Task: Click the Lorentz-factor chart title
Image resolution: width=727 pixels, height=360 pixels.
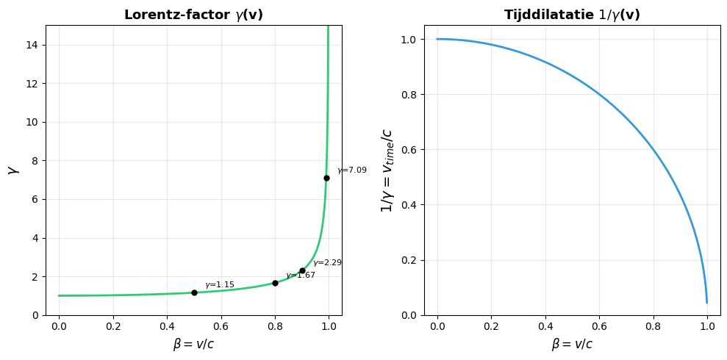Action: tap(193, 15)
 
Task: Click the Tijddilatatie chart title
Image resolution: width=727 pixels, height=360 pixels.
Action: tap(572, 15)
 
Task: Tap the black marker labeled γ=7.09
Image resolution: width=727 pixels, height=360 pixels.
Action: tap(326, 178)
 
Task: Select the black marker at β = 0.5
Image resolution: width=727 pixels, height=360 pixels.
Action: tap(194, 292)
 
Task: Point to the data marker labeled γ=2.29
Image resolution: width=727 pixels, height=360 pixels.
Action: tap(302, 270)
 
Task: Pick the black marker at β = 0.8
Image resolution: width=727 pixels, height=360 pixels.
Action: tap(275, 283)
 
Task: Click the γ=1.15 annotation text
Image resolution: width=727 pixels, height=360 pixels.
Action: tap(220, 285)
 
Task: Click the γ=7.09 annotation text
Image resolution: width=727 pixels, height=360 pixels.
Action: tap(352, 170)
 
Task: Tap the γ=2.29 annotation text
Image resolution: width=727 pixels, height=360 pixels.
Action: tap(327, 263)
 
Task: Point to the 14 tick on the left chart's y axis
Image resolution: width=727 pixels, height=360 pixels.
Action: tap(33, 45)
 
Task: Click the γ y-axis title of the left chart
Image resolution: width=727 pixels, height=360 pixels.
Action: tap(12, 170)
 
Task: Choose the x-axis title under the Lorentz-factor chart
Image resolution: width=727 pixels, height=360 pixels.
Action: tap(193, 344)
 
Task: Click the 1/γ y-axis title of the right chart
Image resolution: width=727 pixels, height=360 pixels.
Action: tap(387, 170)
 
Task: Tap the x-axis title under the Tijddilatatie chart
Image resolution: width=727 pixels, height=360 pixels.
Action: tap(572, 344)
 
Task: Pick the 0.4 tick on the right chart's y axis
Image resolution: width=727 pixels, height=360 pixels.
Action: tap(409, 205)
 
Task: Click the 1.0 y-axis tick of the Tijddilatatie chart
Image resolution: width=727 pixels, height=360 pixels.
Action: tap(409, 39)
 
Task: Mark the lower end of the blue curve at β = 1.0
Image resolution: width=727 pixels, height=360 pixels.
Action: tap(707, 302)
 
